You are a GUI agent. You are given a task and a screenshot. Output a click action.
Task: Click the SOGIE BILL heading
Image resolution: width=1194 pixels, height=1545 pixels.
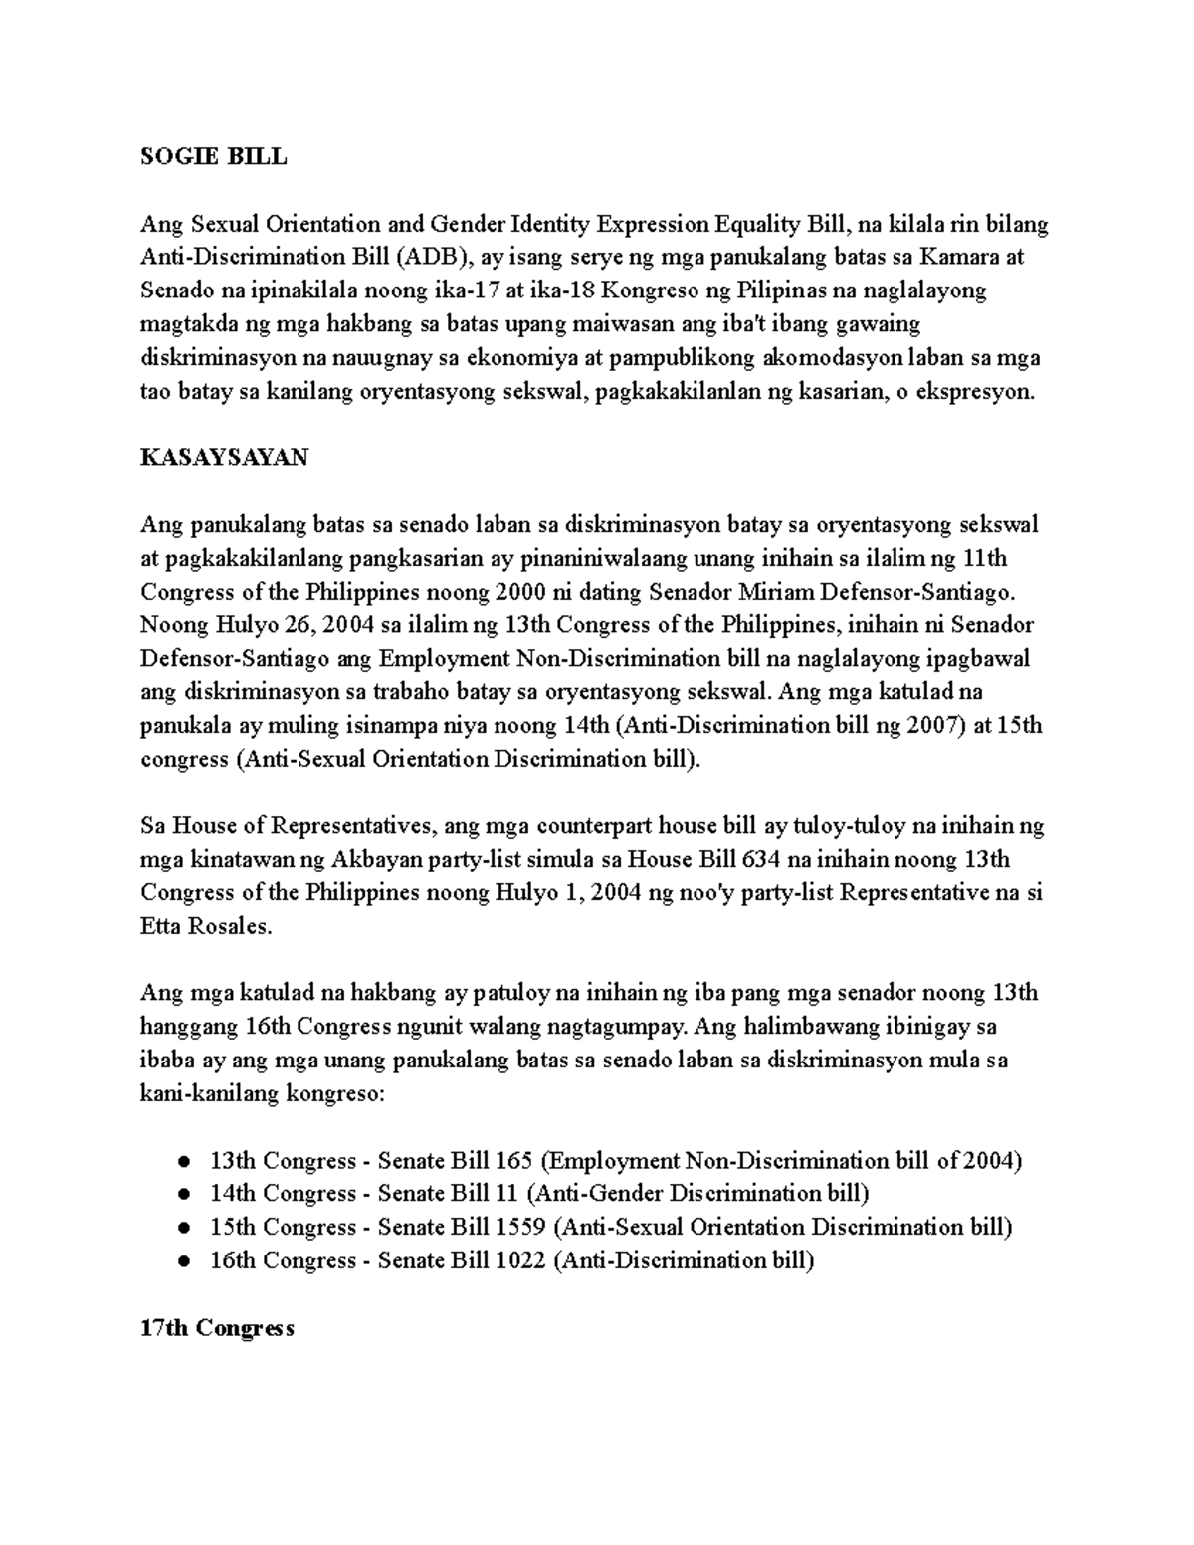click(213, 156)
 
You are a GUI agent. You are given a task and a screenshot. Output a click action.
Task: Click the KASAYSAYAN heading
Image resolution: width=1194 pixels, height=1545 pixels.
click(224, 457)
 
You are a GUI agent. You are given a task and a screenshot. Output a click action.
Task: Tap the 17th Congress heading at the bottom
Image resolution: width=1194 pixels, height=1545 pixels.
click(217, 1328)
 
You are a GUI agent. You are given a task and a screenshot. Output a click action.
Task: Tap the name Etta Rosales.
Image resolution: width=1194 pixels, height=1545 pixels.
click(205, 926)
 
